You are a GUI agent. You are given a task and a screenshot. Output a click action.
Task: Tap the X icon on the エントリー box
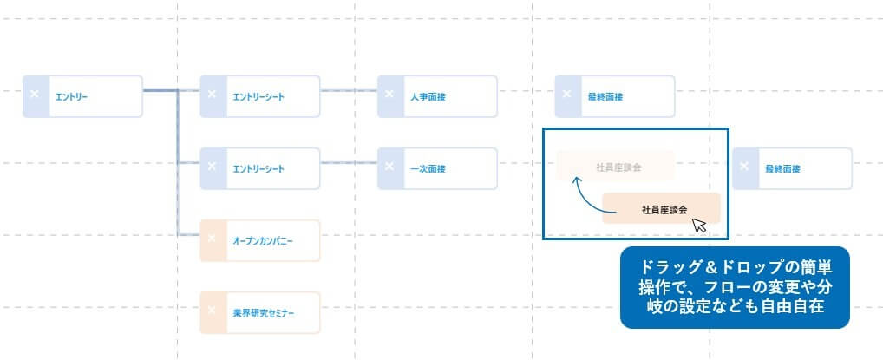(x=34, y=95)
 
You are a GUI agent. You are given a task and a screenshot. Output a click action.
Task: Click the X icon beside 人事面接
(x=389, y=95)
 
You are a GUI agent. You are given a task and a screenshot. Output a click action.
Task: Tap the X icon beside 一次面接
(x=389, y=168)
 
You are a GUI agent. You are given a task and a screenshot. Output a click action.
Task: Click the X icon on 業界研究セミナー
(x=211, y=312)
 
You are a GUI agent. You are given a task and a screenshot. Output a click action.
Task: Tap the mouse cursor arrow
(x=699, y=226)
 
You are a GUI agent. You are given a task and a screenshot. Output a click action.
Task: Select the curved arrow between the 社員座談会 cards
(x=584, y=196)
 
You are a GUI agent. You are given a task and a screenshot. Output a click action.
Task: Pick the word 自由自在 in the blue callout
(x=794, y=305)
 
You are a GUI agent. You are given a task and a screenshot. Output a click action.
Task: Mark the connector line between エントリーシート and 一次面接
(x=349, y=162)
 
